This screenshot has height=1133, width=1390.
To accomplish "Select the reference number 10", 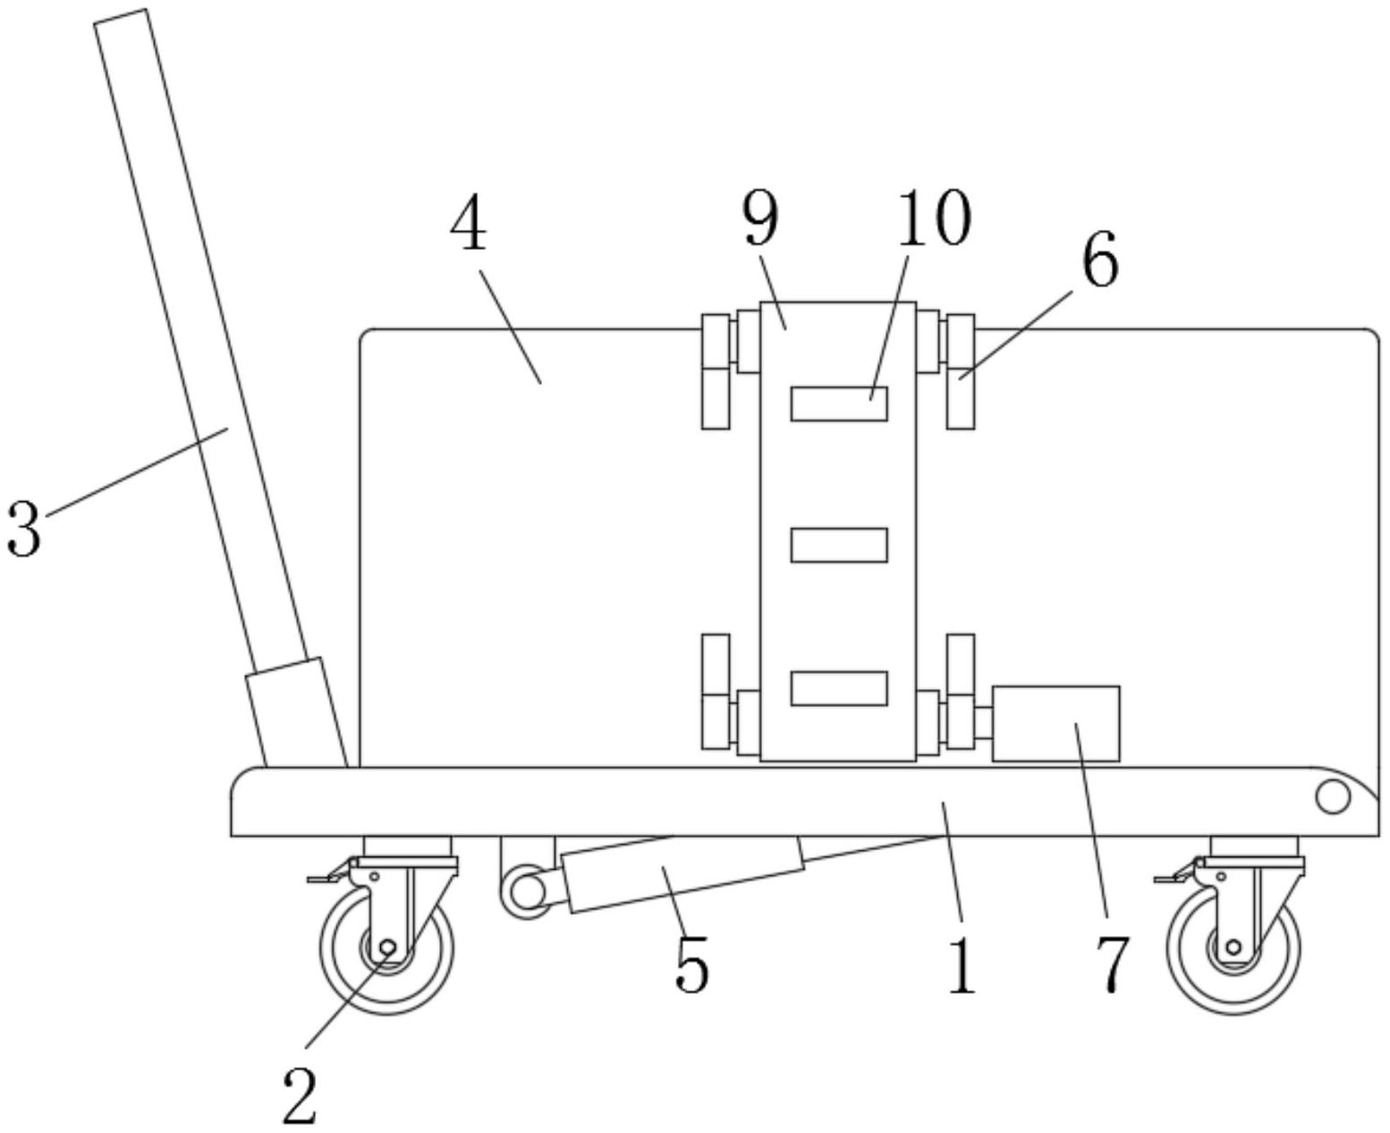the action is [x=933, y=218].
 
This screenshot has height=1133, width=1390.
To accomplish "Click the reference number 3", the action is [x=23, y=529].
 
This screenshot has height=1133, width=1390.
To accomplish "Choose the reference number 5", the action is [x=691, y=967].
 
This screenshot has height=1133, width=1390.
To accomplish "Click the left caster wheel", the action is [x=386, y=950].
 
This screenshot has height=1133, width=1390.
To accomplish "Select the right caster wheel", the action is [x=1233, y=950].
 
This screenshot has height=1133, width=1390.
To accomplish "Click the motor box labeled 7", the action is [x=1055, y=723].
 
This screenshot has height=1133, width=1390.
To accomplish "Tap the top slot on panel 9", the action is [x=839, y=404].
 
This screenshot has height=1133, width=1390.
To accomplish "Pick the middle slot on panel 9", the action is [x=839, y=545].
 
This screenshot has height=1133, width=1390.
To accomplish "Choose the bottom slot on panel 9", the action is [x=839, y=687].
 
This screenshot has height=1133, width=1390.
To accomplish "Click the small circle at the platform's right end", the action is [x=1333, y=797].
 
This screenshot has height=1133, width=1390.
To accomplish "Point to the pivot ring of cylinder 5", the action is [x=529, y=890].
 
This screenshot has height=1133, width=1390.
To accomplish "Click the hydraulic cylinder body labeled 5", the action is [x=682, y=874].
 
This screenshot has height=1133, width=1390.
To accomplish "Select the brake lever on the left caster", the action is [x=327, y=875].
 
